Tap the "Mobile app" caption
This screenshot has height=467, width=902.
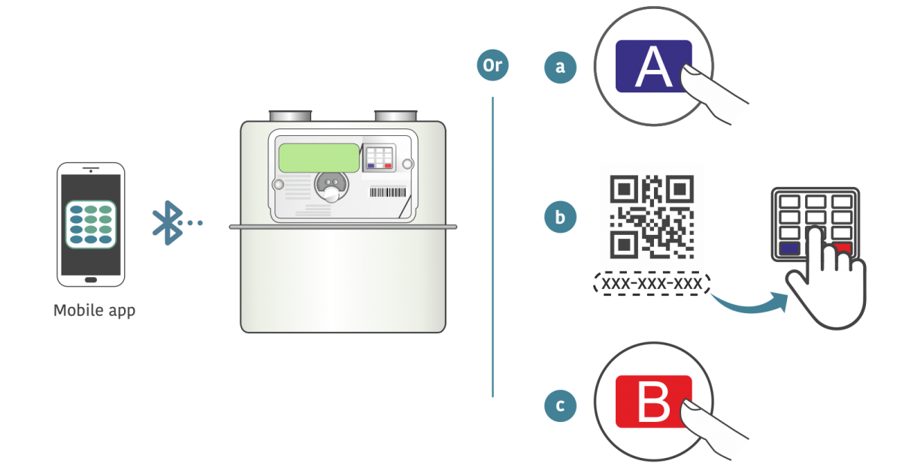click(x=95, y=310)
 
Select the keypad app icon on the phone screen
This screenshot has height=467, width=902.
click(x=90, y=224)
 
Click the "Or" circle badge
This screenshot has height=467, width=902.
click(x=492, y=65)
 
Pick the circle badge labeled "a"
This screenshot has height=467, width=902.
click(x=560, y=67)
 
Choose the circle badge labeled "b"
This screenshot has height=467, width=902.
click(x=560, y=218)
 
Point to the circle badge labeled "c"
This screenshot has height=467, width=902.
click(x=560, y=406)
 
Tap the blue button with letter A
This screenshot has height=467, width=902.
click(x=652, y=67)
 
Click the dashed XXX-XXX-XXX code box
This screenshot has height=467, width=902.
click(x=652, y=285)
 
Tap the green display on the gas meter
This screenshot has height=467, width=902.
click(x=319, y=158)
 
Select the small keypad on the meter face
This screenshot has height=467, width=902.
click(x=379, y=156)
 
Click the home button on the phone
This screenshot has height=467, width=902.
click(x=91, y=279)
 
